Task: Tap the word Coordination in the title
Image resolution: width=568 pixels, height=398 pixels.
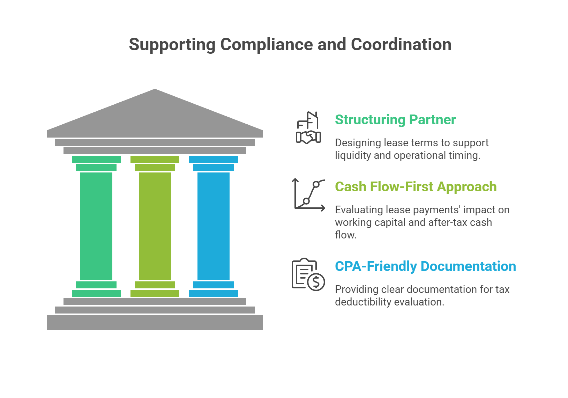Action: (401, 45)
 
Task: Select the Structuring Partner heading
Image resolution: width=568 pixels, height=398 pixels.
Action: (395, 120)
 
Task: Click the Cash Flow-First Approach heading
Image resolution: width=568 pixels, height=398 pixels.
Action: (416, 187)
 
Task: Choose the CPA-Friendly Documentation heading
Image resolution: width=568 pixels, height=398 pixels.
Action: (425, 266)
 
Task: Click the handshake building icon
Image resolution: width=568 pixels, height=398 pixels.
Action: (308, 128)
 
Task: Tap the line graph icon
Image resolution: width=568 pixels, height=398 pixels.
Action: (309, 194)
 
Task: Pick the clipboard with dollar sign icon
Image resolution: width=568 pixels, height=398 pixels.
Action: (307, 274)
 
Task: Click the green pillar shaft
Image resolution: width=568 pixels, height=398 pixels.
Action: (96, 226)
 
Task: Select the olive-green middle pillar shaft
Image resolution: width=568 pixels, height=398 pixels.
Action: (155, 226)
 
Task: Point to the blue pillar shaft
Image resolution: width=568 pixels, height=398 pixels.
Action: (214, 226)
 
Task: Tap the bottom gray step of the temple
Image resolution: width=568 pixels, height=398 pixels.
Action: (155, 322)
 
